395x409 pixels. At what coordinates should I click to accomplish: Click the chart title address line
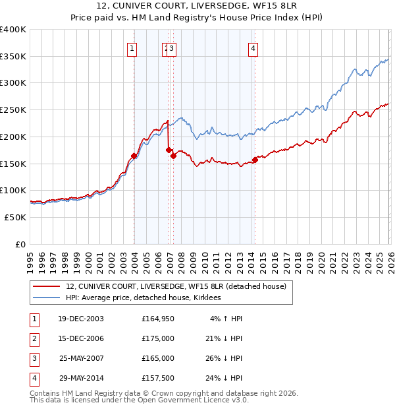(x=197, y=7)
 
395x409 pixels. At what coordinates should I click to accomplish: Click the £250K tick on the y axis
(x=13, y=110)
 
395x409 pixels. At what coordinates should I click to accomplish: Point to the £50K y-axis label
(x=15, y=217)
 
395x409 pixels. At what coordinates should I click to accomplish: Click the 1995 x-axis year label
(x=30, y=261)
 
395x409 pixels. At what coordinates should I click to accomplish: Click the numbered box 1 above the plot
(x=133, y=47)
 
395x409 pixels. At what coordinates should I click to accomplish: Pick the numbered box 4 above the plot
(x=253, y=47)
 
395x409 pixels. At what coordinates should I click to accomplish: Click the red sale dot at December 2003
(x=134, y=156)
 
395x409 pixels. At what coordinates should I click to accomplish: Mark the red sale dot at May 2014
(x=255, y=160)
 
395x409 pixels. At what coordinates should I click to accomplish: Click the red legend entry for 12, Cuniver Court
(x=176, y=286)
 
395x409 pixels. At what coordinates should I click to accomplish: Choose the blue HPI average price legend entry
(x=143, y=298)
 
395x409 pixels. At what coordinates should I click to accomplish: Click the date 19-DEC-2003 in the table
(x=80, y=319)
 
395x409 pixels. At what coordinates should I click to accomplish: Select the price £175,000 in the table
(x=158, y=338)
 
